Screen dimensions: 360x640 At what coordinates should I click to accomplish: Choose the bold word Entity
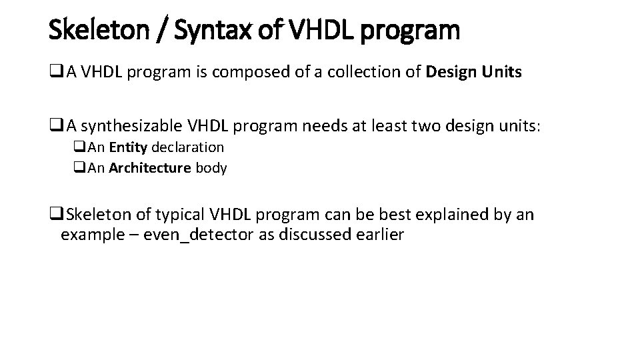128,147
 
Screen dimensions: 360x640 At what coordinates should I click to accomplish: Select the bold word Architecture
150,168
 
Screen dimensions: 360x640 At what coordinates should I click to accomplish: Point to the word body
211,168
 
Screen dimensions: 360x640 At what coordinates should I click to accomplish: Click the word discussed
307,235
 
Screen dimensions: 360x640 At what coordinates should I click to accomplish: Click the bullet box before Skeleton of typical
55,215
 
